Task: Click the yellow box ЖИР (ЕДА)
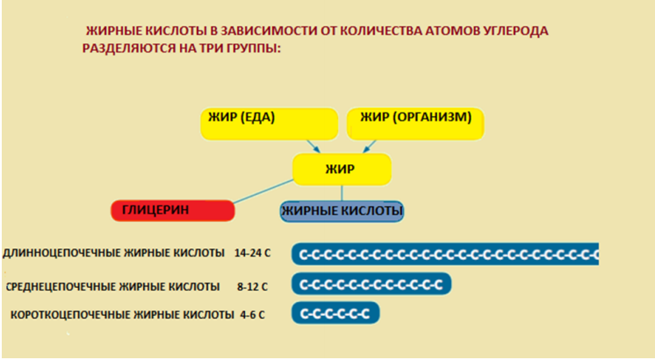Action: pos(269,124)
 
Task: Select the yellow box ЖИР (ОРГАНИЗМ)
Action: pos(415,124)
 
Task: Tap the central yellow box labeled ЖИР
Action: pos(342,169)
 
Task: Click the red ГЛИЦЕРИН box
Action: pos(172,211)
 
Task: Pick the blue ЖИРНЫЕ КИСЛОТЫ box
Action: pos(342,212)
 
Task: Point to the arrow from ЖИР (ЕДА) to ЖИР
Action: pos(313,146)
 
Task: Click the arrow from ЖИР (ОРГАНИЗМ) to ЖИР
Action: pos(370,146)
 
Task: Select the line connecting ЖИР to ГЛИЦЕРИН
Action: pos(263,191)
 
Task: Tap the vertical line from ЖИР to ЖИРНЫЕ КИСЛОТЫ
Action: pos(342,193)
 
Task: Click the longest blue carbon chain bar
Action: pos(445,254)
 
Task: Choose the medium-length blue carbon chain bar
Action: pos(371,284)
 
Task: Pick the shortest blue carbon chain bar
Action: pos(335,313)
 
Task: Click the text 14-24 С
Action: pos(252,253)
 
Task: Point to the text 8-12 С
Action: pos(252,287)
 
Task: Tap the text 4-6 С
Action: pos(252,315)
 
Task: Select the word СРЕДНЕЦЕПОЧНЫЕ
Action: pos(61,286)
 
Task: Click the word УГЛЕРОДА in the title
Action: pos(512,31)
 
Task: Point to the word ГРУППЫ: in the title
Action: pos(254,48)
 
